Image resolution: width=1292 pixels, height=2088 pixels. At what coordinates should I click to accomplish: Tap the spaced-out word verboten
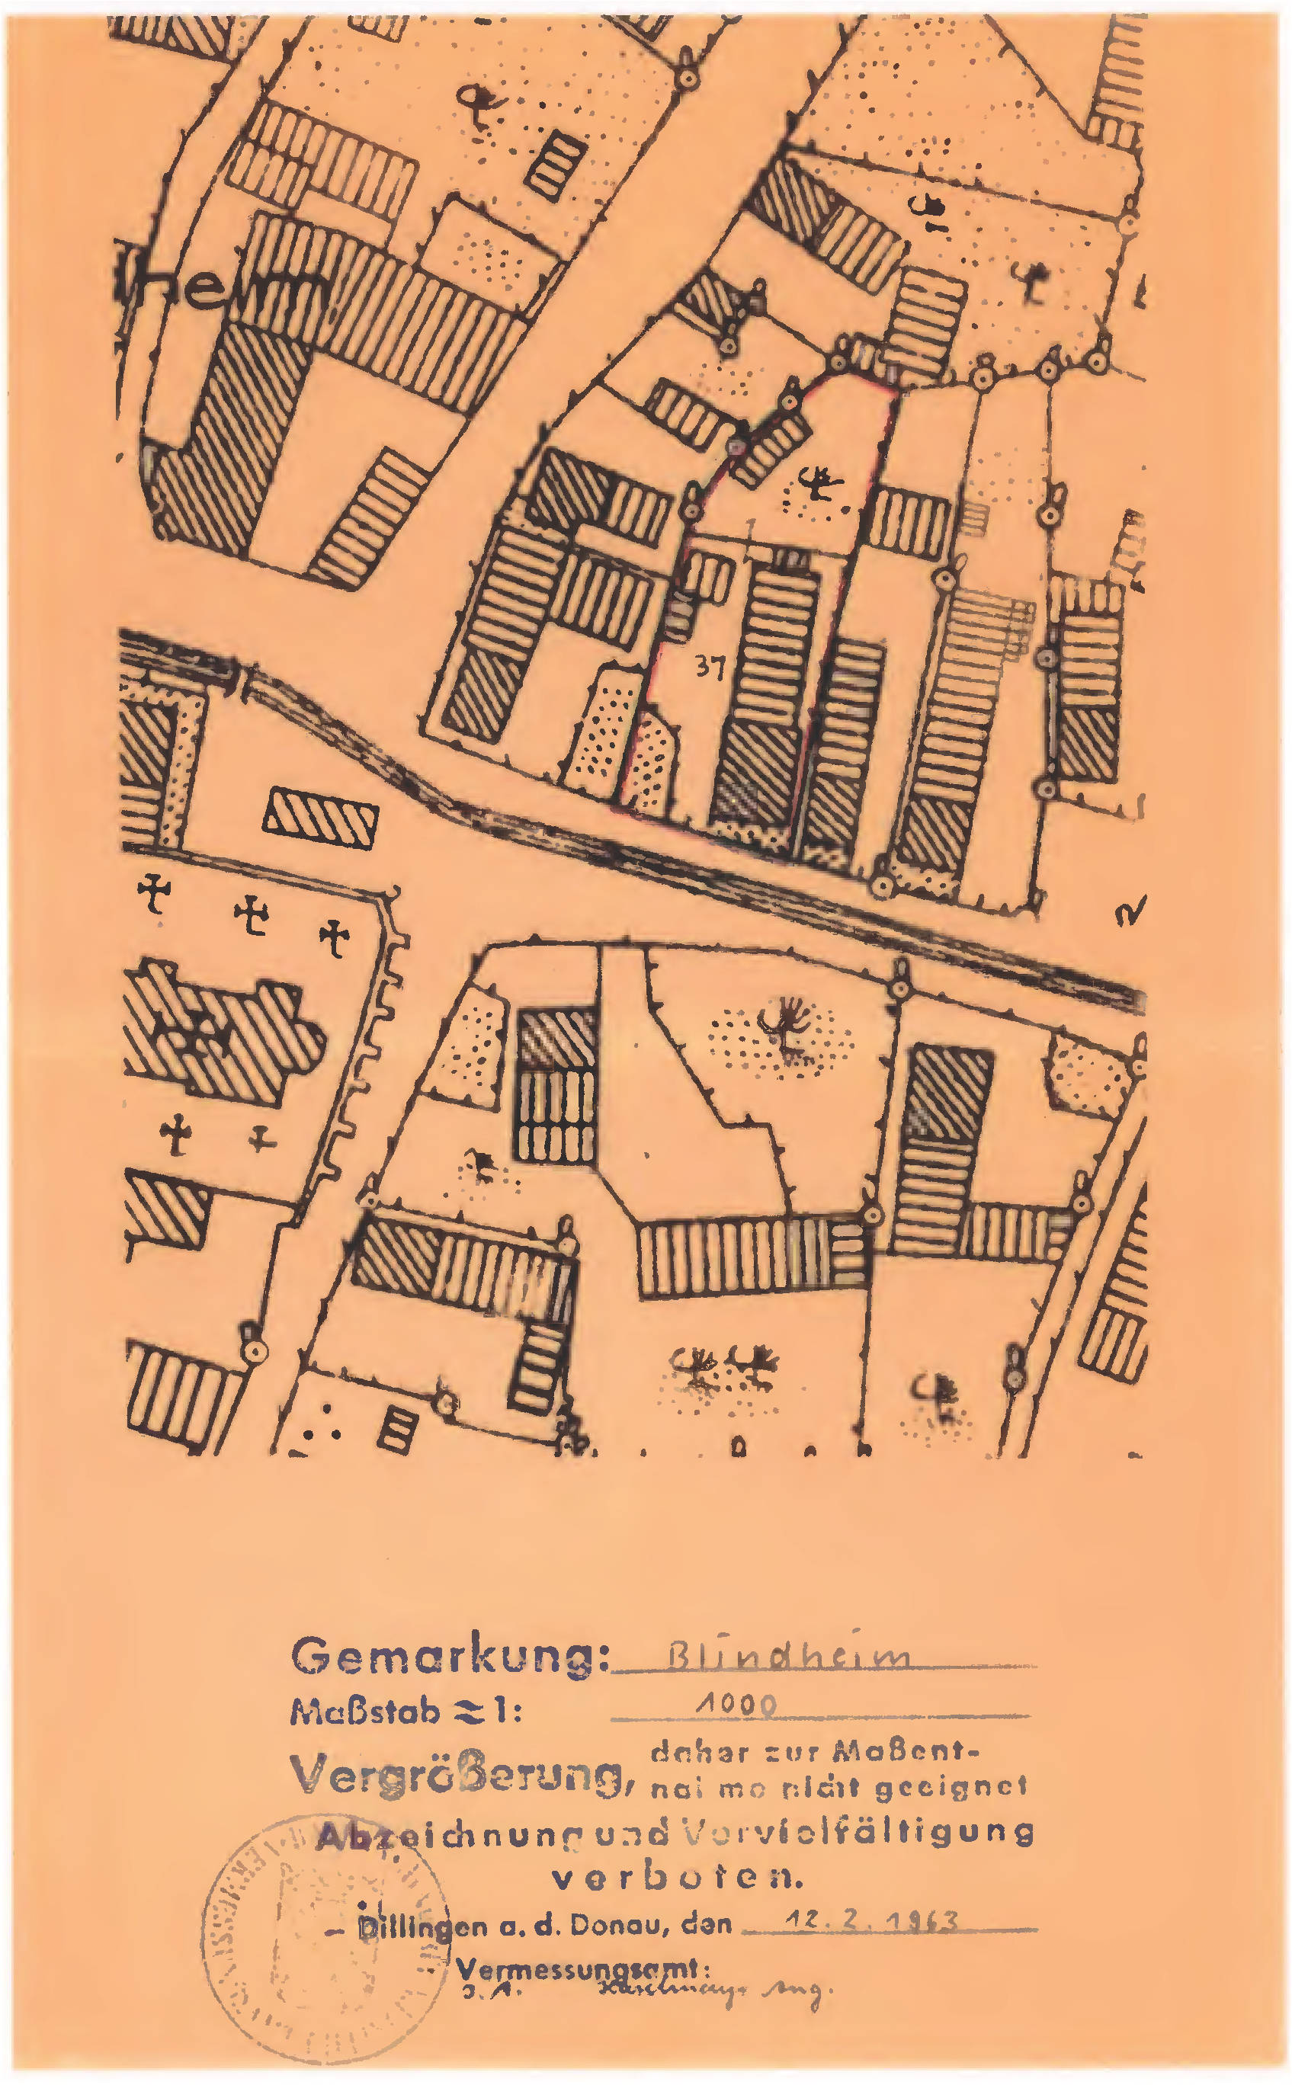[678, 1878]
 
